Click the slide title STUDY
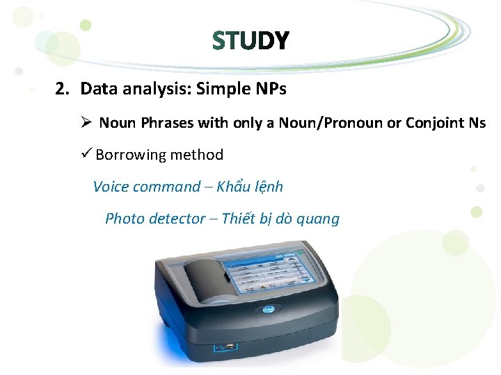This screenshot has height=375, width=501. click(x=250, y=42)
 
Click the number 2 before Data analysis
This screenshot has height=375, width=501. click(x=61, y=90)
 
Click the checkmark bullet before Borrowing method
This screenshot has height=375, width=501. click(x=87, y=154)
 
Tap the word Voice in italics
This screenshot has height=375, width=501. click(x=110, y=187)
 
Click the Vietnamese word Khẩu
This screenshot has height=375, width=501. click(x=233, y=187)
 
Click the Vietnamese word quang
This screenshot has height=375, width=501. click(x=318, y=219)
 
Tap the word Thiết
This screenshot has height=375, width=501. click(x=241, y=219)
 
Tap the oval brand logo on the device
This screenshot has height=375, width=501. click(x=268, y=312)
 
